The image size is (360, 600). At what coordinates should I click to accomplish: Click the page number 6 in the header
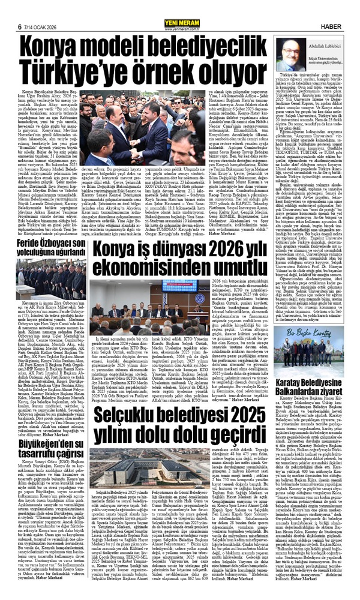[x=20, y=8]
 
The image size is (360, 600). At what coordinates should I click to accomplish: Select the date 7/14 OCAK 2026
[x=40, y=8]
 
